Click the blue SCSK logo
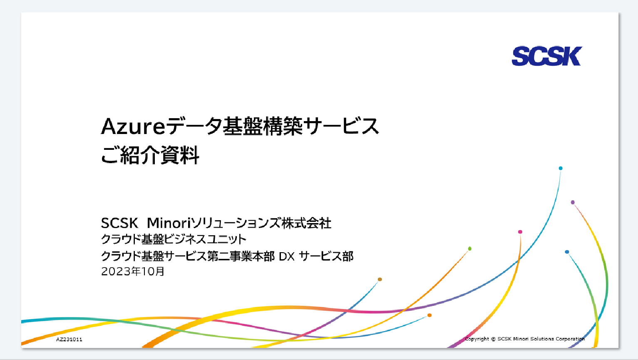[547, 56]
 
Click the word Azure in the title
[133, 127]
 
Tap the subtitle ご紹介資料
[150, 155]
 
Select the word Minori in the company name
[168, 223]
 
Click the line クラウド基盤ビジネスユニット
[174, 239]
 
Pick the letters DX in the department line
[286, 257]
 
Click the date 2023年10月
[133, 271]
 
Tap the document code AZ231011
[69, 339]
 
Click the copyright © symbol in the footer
[493, 339]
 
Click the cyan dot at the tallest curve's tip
[561, 168]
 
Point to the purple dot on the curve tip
[573, 203]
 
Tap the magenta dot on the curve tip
[520, 232]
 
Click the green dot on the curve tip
[470, 248]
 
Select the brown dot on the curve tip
[380, 279]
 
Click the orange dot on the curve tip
[429, 315]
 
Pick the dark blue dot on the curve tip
[567, 252]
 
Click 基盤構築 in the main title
[262, 126]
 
